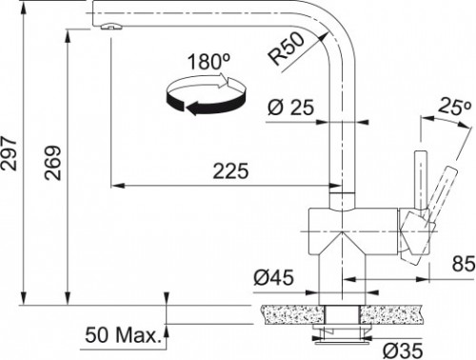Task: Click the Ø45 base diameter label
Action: click(273, 278)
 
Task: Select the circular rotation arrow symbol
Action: click(200, 96)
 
